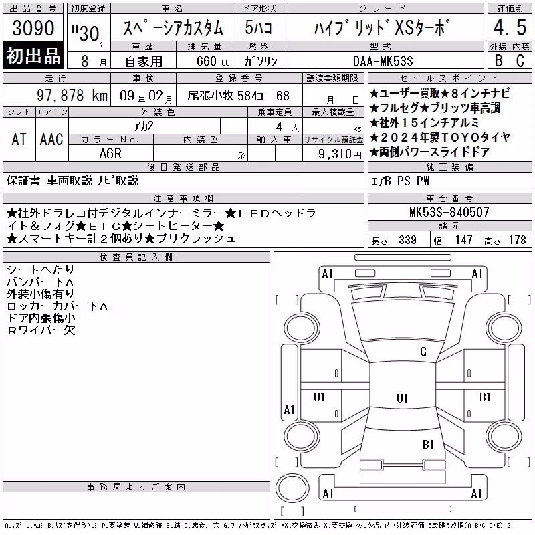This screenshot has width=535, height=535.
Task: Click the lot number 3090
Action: tap(33, 27)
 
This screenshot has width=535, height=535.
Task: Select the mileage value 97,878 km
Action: tap(72, 95)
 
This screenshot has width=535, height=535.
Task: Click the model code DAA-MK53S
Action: tap(383, 61)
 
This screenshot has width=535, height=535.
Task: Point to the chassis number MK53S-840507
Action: tap(449, 212)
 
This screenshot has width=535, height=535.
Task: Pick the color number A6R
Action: tap(110, 154)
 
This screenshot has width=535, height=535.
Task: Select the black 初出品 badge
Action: tap(33, 56)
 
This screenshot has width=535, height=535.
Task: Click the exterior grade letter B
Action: tap(498, 60)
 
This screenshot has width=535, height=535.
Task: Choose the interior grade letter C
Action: tap(520, 60)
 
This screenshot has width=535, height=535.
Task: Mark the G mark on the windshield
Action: tap(423, 352)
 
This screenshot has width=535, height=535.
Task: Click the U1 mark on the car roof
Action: tap(402, 398)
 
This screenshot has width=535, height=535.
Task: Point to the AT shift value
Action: tap(19, 139)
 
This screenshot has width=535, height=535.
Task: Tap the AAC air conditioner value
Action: tap(51, 139)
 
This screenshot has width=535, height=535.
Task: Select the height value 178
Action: tap(518, 240)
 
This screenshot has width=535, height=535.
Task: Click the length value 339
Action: tap(408, 240)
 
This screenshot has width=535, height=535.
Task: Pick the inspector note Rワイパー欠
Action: tap(41, 330)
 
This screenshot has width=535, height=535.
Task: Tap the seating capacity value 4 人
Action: tap(288, 127)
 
